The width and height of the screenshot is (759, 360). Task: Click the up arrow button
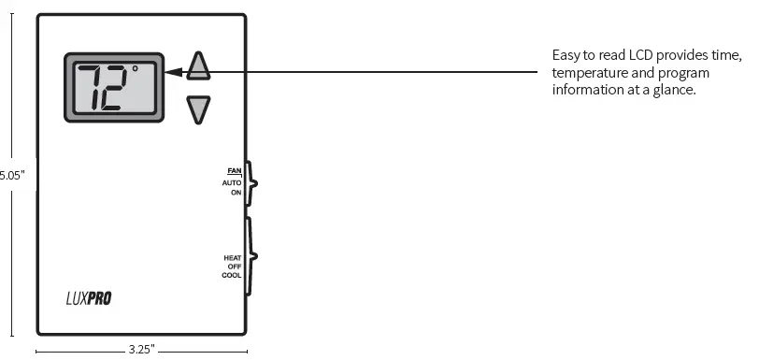click(198, 65)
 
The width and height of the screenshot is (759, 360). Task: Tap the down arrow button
click(198, 109)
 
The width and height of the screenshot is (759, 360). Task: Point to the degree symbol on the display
click(135, 68)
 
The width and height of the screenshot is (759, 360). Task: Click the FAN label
click(234, 170)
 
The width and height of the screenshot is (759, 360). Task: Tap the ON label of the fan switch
click(236, 192)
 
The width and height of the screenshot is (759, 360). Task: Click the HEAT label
click(233, 257)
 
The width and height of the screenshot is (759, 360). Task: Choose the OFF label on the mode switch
click(235, 266)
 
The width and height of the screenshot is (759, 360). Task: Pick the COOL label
click(232, 276)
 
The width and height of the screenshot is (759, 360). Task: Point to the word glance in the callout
click(679, 90)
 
